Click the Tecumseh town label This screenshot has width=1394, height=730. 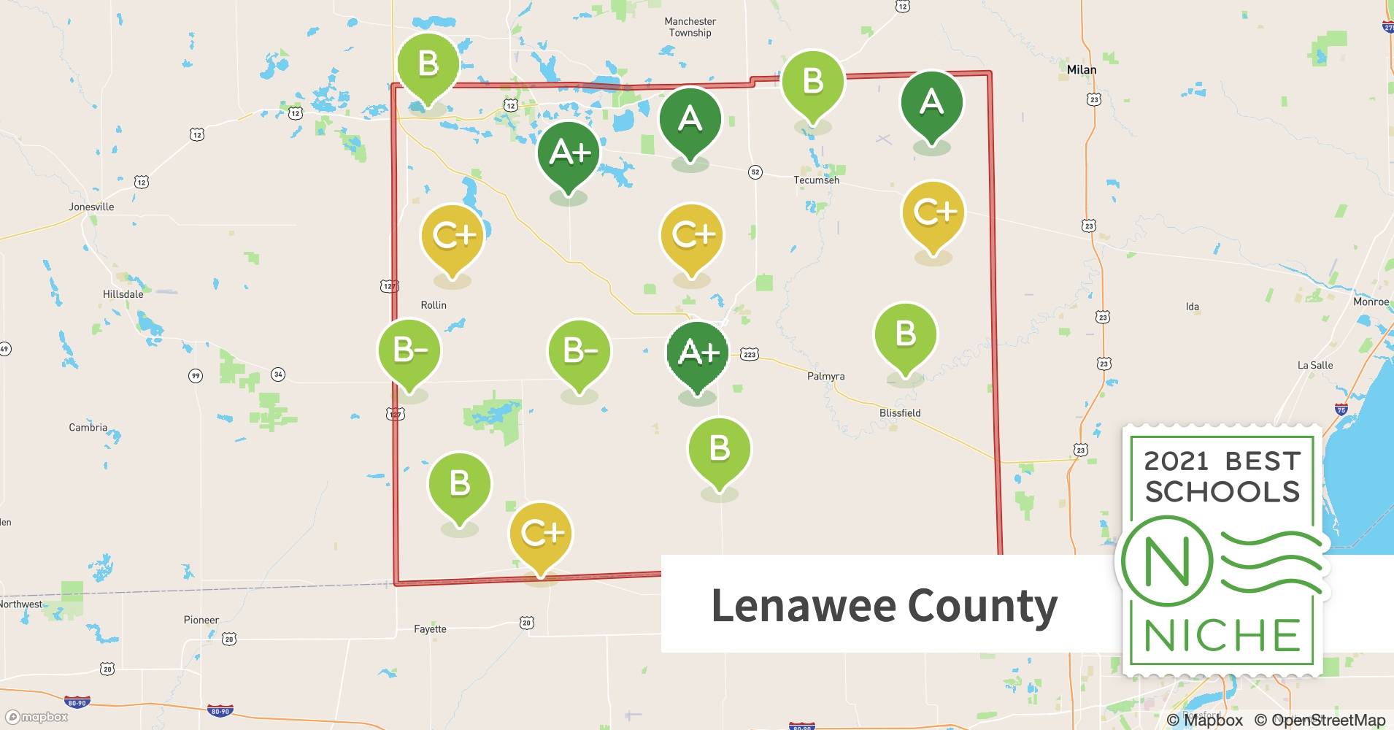tap(816, 180)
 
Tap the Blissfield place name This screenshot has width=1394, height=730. tap(899, 413)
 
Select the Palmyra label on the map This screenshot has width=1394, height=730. tap(825, 377)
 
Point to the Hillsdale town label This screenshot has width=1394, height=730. tap(123, 294)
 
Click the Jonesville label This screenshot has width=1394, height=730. tap(91, 207)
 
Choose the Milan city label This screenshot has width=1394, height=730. tap(1081, 70)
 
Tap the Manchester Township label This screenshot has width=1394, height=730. tap(690, 27)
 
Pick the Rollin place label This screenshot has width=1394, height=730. tap(434, 305)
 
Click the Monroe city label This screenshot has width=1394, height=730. tap(1371, 302)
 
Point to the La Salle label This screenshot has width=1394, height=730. tap(1314, 366)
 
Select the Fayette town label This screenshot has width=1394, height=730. tap(430, 629)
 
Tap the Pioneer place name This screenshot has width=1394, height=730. tap(201, 620)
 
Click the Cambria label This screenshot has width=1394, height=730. tap(88, 428)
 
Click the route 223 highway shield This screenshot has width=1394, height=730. tap(750, 355)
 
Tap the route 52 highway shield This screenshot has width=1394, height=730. tap(755, 172)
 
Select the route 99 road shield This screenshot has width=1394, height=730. tap(195, 376)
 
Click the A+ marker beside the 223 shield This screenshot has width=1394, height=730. tap(698, 353)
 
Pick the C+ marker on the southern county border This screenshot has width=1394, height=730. tap(541, 534)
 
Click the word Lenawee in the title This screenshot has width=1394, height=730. tap(803, 606)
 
